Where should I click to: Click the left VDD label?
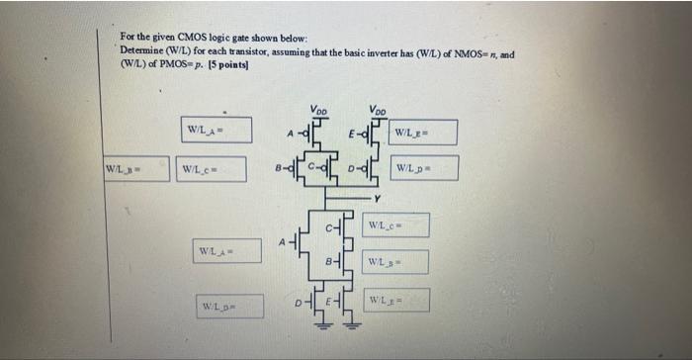tap(318, 109)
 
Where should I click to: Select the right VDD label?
tap(378, 109)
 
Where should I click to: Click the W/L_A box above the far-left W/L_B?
tap(216, 131)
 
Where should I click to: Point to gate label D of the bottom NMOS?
tap(294, 295)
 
